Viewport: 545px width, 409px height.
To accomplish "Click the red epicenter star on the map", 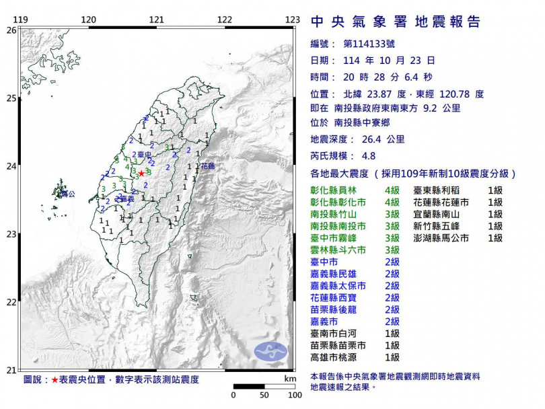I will [141, 174].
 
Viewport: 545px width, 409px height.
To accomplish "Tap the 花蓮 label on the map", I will [207, 165].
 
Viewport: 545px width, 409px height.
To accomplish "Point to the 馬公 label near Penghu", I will [67, 194].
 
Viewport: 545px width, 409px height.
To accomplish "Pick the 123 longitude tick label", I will [292, 20].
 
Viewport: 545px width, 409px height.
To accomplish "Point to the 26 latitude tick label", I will [11, 30].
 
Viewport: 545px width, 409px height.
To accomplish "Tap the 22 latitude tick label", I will [11, 302].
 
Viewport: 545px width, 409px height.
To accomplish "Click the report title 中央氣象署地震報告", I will [396, 22].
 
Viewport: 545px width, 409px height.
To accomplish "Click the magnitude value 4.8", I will [369, 156].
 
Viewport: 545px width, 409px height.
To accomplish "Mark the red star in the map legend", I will [54, 380].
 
